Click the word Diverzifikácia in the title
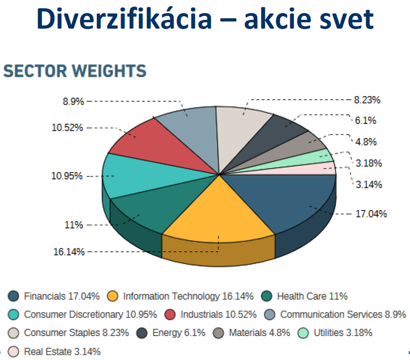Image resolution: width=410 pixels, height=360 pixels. coord(124,19)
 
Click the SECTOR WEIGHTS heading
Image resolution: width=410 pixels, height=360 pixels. coord(75,71)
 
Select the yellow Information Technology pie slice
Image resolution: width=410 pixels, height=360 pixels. coord(218,212)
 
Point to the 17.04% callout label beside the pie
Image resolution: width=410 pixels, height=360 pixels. coord(371,214)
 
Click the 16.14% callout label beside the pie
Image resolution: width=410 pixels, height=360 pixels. coord(69,252)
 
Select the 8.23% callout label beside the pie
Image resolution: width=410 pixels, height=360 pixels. coord(367,100)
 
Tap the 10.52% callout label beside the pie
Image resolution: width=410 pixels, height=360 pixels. coord(67,128)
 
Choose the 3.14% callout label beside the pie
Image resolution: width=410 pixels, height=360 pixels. coord(369,184)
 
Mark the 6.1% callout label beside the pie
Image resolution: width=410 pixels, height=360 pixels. coord(366,121)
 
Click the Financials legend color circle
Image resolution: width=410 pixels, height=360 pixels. coord(13,296)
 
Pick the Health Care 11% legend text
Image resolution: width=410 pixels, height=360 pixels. coord(312,296)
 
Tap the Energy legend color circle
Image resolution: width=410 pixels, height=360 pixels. coord(142,333)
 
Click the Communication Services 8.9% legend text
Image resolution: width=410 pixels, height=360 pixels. coord(343,315)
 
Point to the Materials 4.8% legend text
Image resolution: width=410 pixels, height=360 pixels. coord(259,333)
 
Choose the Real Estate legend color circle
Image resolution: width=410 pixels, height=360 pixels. coord(13,352)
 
